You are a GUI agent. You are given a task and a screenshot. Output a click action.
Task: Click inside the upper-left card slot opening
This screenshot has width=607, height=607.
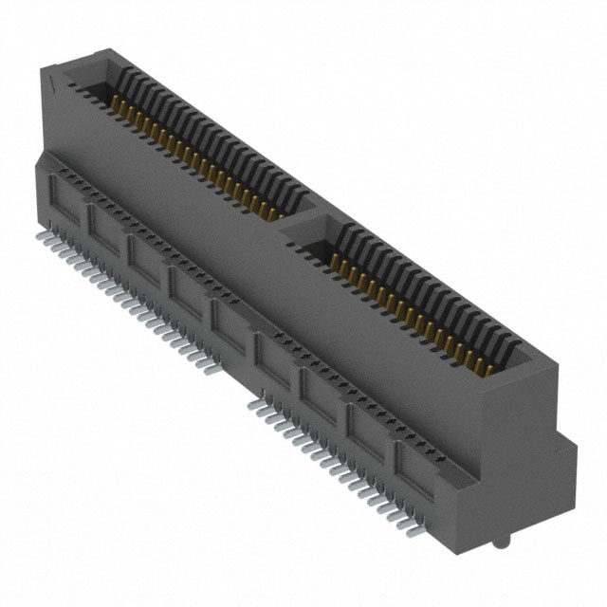point(190,142)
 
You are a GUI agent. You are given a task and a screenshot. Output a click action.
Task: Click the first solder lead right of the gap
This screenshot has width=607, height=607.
point(254,403)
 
